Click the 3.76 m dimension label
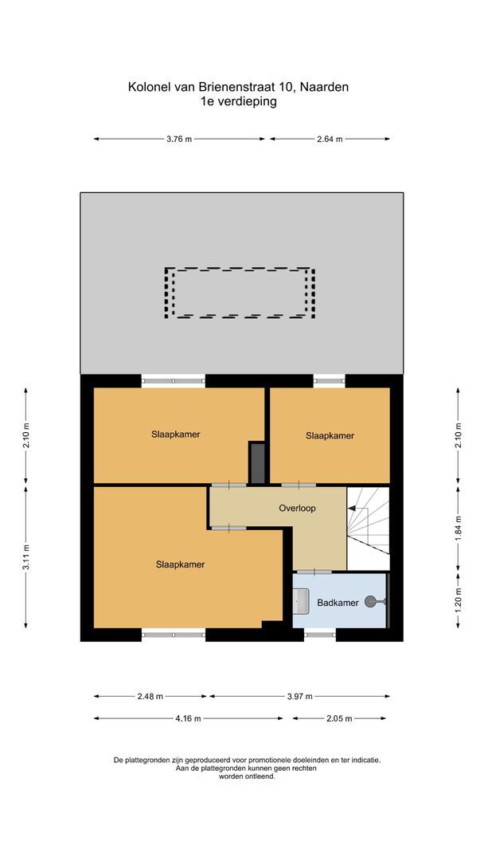(179, 139)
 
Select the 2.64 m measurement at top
(330, 139)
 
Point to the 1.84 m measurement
(458, 528)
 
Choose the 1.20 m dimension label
(458, 600)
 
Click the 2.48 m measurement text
(150, 696)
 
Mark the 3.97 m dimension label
(299, 696)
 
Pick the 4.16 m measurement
(188, 718)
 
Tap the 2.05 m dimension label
(339, 718)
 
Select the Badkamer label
(337, 603)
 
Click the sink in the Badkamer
(301, 600)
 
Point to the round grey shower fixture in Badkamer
(372, 603)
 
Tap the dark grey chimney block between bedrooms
(257, 462)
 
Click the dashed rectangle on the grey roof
(240, 293)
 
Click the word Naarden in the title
(326, 87)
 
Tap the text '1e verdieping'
(239, 101)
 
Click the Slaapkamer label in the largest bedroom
(180, 564)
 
